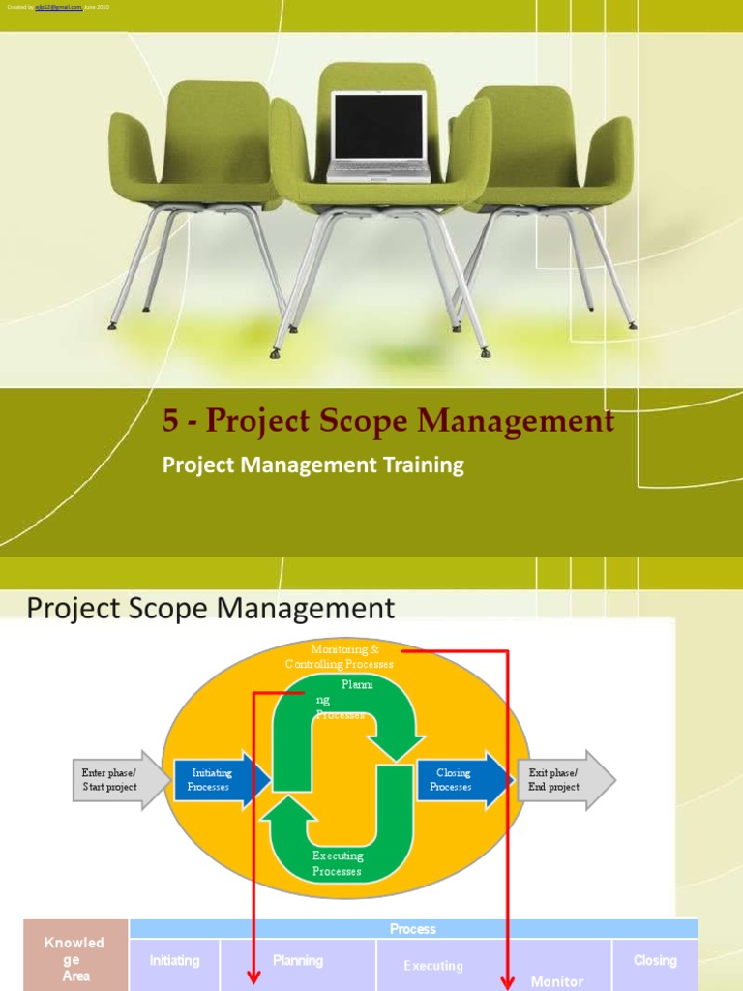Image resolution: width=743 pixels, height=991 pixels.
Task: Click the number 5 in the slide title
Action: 170,422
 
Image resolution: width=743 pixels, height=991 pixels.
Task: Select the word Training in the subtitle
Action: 426,465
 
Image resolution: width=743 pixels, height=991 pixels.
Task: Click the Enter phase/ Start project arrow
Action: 109,779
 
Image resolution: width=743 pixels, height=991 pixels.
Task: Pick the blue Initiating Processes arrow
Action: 218,780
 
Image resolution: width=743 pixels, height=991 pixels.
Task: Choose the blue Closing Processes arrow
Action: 458,780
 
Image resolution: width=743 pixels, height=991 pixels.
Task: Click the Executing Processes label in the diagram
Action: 338,863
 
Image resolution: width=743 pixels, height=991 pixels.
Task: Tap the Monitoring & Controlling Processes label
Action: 339,656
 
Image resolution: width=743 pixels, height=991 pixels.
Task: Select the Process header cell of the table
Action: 413,929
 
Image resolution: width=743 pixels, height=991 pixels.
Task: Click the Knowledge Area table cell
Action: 75,958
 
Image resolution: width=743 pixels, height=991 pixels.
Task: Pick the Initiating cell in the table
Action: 175,961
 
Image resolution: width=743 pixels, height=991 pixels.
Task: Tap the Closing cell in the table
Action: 655,961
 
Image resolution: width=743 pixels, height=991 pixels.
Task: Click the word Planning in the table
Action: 298,961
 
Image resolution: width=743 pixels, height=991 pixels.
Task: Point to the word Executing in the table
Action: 433,966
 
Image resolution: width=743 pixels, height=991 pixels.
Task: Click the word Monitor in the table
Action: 557,981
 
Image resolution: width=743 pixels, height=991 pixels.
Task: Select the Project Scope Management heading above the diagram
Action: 211,608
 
